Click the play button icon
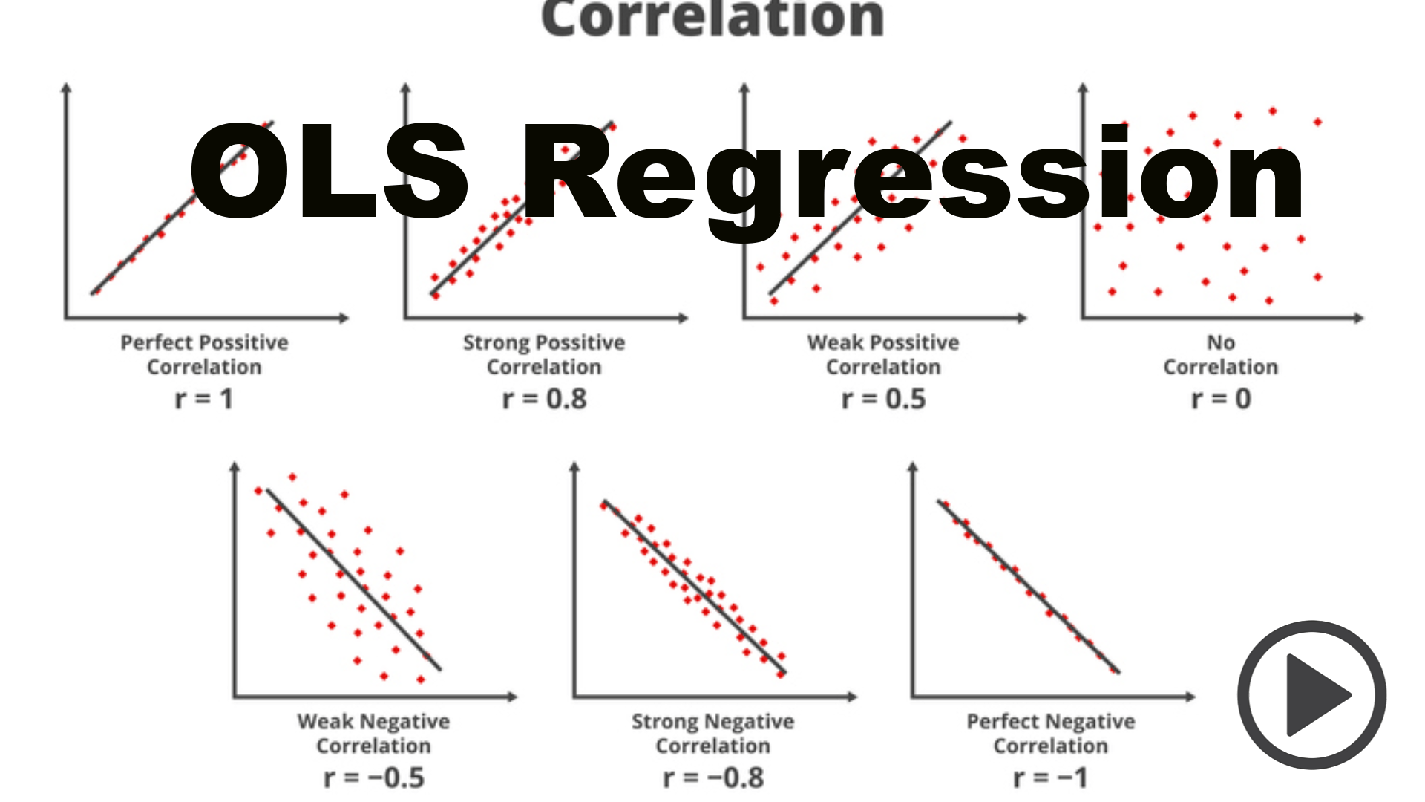[1311, 695]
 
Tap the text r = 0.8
[544, 400]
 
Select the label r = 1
[204, 400]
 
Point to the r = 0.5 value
[883, 400]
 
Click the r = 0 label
[1221, 400]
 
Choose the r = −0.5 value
[374, 778]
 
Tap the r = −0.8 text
[713, 778]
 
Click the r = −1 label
[1050, 778]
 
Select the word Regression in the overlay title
[913, 178]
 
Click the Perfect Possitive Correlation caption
[204, 354]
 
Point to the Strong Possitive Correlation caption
[544, 354]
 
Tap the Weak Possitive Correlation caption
[883, 354]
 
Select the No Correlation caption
[1221, 354]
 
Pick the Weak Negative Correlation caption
[374, 733]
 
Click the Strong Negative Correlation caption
[713, 733]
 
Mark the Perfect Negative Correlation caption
[1050, 733]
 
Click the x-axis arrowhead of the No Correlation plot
[1359, 318]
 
